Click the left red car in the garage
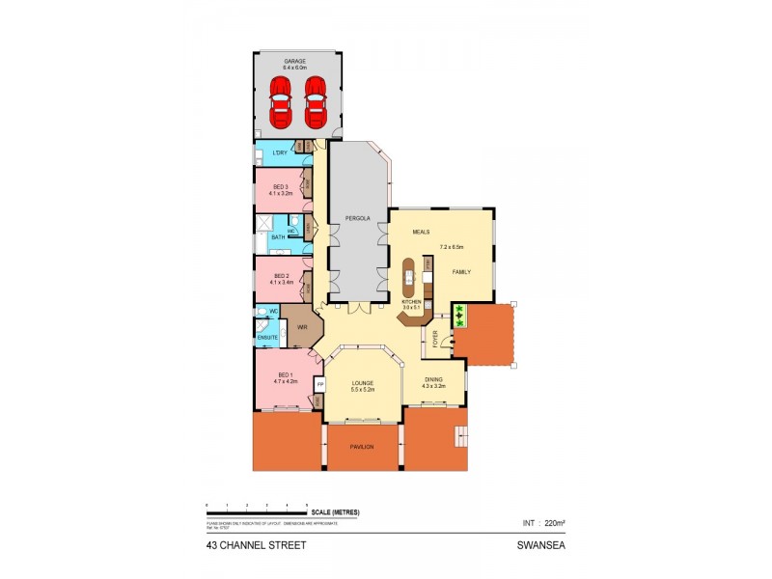(x=280, y=101)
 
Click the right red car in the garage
(x=316, y=101)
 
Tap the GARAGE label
(x=294, y=61)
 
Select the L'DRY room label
(x=280, y=153)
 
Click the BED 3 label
(x=280, y=186)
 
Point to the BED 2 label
(x=280, y=275)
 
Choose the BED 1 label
(x=285, y=374)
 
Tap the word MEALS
(x=421, y=233)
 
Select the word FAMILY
(x=462, y=272)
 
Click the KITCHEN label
(x=412, y=302)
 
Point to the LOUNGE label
(x=362, y=383)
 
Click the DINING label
(x=433, y=379)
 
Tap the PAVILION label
(x=361, y=447)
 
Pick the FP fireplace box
(x=319, y=383)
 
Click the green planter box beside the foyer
(x=459, y=314)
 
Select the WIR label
(x=301, y=328)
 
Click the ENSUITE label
(x=267, y=337)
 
